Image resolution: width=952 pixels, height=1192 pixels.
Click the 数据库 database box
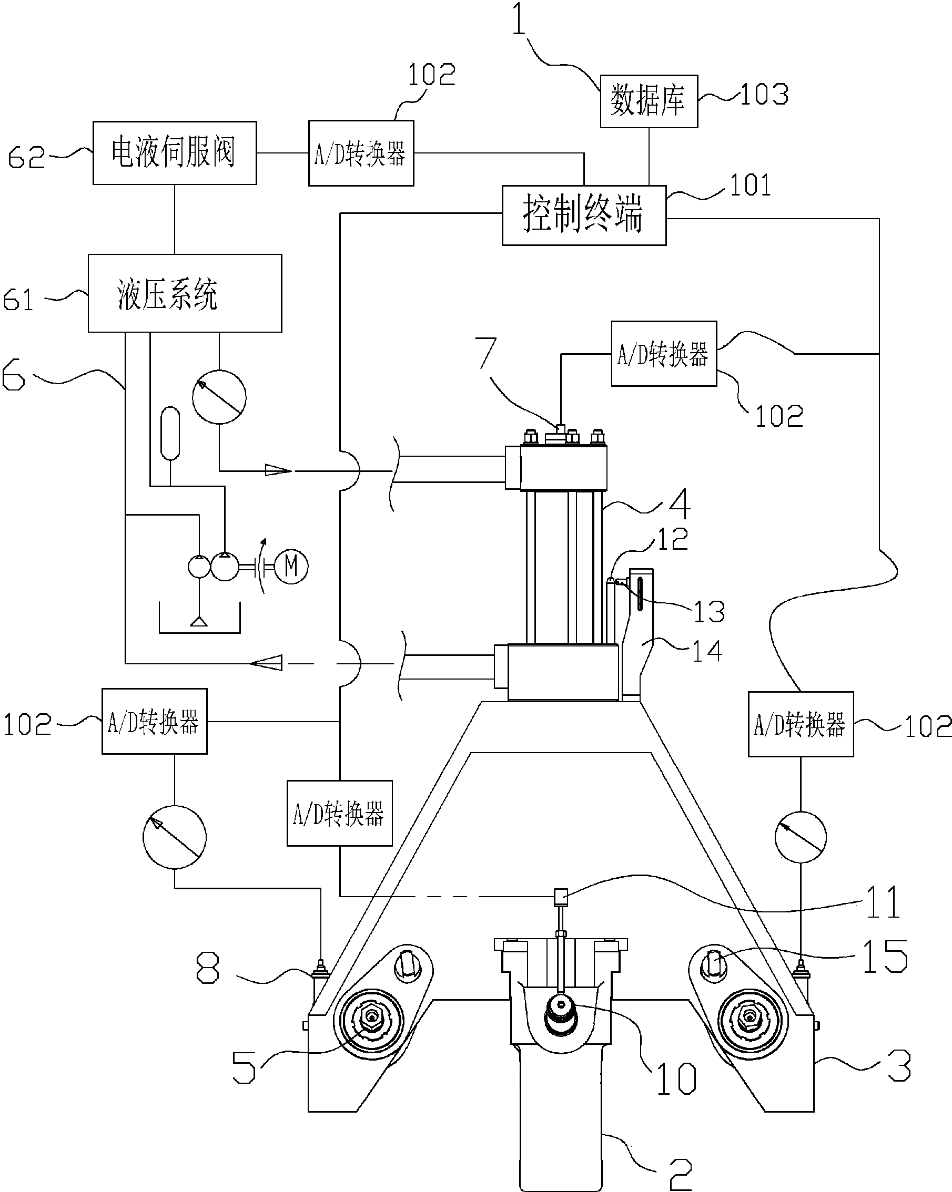[649, 101]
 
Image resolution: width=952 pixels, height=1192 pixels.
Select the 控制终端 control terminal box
[584, 215]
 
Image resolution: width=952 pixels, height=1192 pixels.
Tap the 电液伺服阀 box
[174, 152]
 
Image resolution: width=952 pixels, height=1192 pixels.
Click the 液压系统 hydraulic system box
[185, 293]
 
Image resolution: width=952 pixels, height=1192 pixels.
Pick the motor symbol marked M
[291, 566]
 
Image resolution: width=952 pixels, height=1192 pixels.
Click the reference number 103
[764, 95]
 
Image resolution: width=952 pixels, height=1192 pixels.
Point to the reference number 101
[750, 185]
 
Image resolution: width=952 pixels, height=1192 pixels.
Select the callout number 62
[26, 157]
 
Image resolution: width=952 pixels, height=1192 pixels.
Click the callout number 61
[18, 300]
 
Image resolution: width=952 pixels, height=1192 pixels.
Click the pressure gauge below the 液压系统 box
[219, 396]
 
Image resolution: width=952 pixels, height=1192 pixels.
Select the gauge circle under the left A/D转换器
[174, 837]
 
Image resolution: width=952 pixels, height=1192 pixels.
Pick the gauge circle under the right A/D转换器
[801, 837]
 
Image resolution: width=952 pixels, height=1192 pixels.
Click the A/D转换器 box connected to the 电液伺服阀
[361, 153]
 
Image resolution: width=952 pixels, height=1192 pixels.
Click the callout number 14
[707, 651]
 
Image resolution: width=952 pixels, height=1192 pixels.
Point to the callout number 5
[244, 1067]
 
